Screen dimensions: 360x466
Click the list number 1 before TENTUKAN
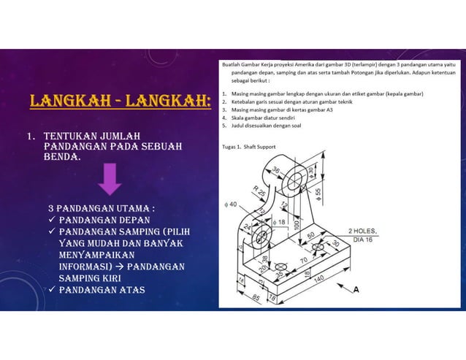coord(31,136)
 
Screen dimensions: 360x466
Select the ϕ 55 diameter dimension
coord(319,196)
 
